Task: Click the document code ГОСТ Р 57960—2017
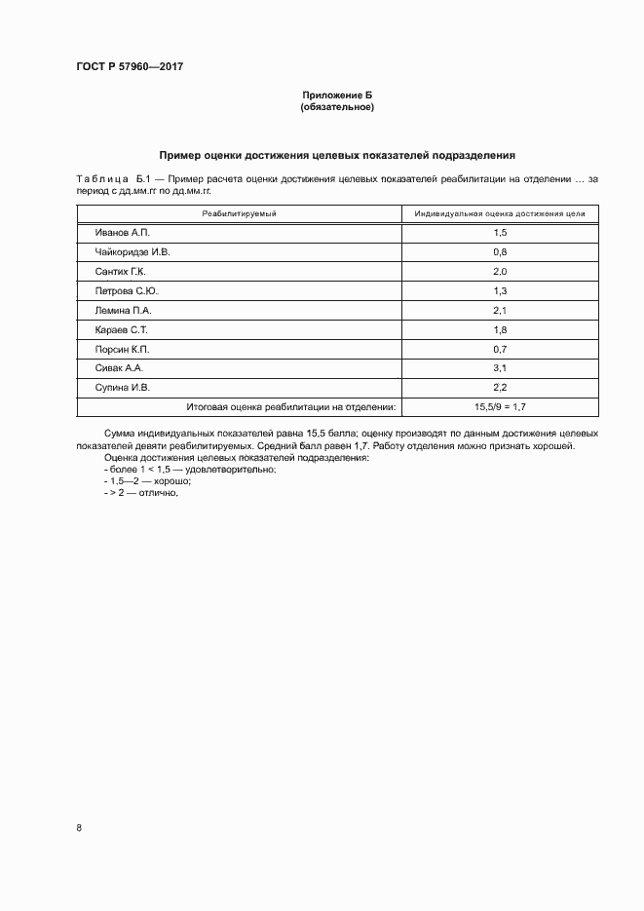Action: tap(130, 66)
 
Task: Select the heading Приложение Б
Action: tap(337, 95)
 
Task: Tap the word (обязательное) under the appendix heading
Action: tap(337, 107)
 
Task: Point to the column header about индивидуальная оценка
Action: tap(500, 213)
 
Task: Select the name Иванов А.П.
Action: tap(123, 233)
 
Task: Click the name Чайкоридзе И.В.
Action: tap(133, 251)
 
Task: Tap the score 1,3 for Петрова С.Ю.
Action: tap(500, 290)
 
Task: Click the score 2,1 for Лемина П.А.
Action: tap(500, 310)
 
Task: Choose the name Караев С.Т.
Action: tap(121, 329)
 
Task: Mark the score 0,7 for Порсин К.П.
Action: tap(500, 349)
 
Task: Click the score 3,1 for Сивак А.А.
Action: tap(500, 368)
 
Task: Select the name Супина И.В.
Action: tap(123, 388)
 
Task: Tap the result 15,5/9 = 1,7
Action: tap(500, 407)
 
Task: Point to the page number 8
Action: tap(79, 827)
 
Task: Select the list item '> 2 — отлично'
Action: tap(141, 494)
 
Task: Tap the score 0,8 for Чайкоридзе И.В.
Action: tap(500, 251)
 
